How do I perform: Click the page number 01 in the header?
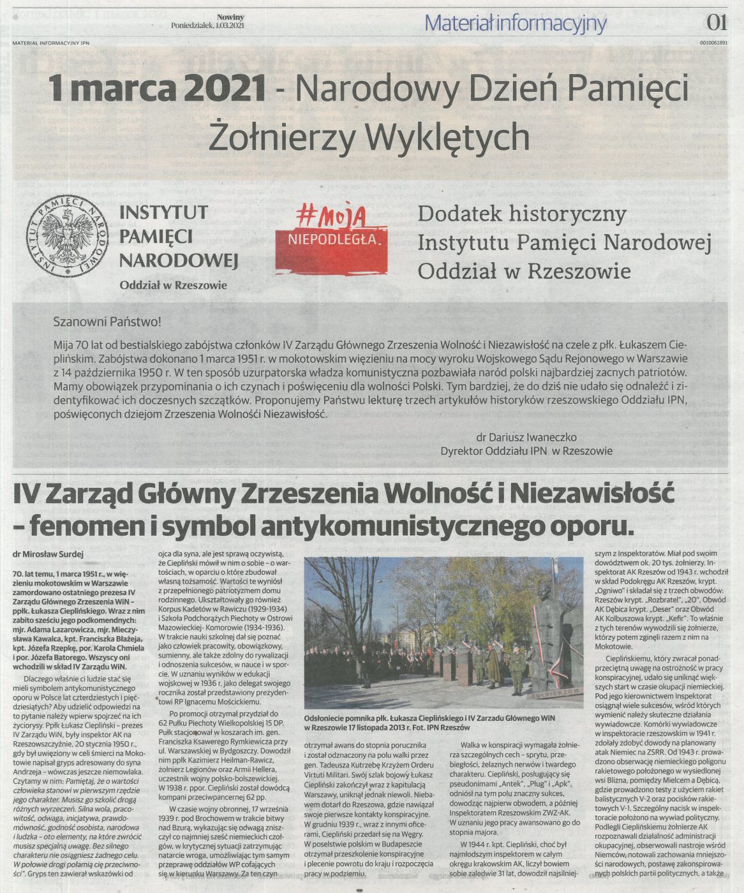(717, 23)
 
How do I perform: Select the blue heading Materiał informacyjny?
(515, 24)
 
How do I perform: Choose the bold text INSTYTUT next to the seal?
(163, 211)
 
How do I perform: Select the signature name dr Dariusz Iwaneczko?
(526, 437)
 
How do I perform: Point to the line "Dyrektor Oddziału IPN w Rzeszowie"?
(526, 450)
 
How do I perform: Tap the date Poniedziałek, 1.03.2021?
(207, 26)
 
